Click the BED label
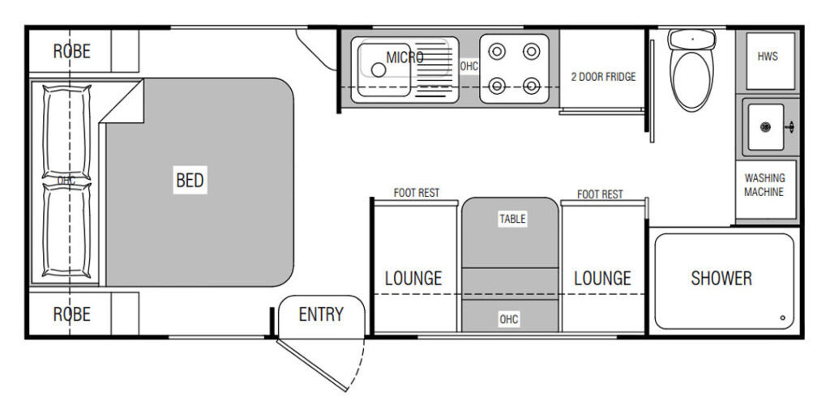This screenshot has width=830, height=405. click(x=190, y=181)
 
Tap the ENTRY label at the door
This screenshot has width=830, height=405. click(x=321, y=314)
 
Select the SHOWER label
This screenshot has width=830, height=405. click(x=721, y=278)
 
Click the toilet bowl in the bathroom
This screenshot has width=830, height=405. click(x=691, y=79)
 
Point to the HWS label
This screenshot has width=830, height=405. click(x=768, y=56)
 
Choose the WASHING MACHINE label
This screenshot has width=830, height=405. click(x=764, y=185)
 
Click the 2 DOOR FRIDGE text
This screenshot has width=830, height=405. click(x=603, y=77)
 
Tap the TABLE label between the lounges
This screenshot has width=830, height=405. click(x=512, y=219)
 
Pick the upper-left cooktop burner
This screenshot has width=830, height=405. click(x=497, y=51)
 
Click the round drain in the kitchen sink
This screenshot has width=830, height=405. click(x=378, y=70)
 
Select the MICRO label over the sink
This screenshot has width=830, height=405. click(x=405, y=57)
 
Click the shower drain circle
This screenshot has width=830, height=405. click(x=782, y=318)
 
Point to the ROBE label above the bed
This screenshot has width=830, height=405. click(x=72, y=51)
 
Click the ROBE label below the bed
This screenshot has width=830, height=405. click(x=72, y=314)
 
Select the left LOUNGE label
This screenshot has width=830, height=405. click(x=413, y=278)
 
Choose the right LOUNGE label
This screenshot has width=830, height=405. click(x=602, y=278)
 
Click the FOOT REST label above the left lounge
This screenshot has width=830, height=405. click(x=417, y=193)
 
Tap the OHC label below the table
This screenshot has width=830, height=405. click(x=509, y=319)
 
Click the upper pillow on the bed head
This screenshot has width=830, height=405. click(x=66, y=132)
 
